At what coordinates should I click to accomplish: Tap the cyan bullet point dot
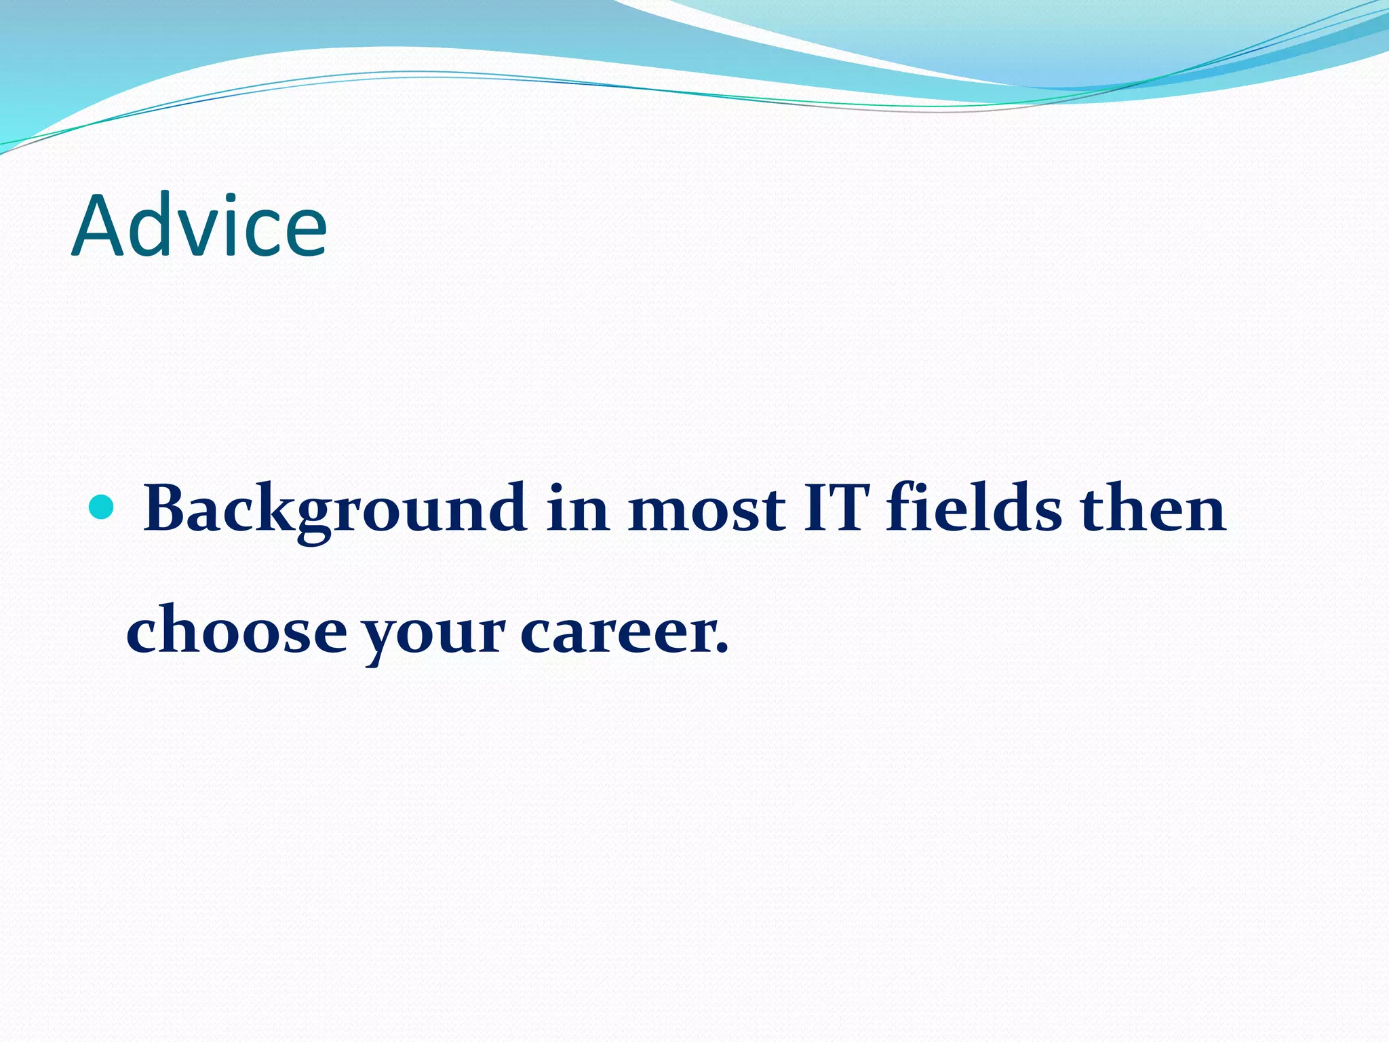coord(102,507)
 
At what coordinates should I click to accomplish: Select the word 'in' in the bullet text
coord(577,509)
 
